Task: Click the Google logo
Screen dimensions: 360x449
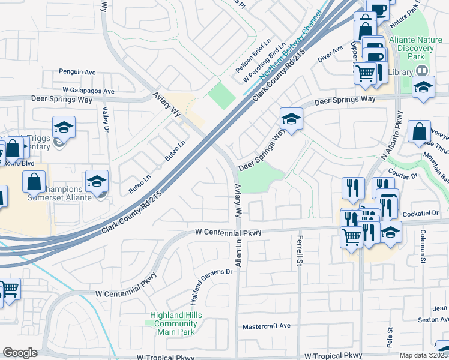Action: click(20, 353)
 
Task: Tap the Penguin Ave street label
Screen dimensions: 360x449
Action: click(77, 72)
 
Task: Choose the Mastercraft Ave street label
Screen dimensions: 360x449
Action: click(266, 326)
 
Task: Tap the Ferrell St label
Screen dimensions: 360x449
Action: click(298, 251)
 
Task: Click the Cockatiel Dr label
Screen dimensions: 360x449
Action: click(426, 214)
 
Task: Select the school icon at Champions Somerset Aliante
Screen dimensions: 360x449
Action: click(97, 181)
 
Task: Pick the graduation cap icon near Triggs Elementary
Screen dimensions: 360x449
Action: click(64, 127)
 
